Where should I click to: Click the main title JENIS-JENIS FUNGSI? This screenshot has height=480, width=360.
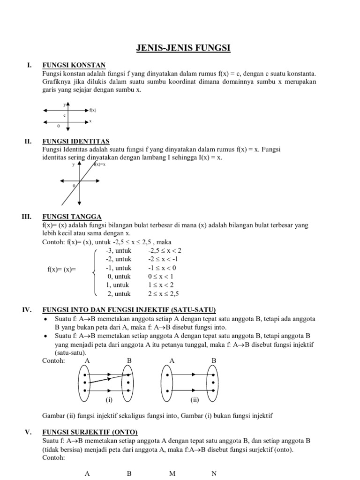pyautogui.click(x=180, y=48)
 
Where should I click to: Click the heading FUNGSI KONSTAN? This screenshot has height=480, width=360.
pyautogui.click(x=74, y=65)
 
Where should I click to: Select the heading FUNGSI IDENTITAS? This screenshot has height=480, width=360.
pyautogui.click(x=75, y=141)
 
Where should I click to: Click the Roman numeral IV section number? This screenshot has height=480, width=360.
pyautogui.click(x=27, y=310)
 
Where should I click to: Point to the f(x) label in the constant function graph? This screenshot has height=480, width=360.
pyautogui.click(x=93, y=110)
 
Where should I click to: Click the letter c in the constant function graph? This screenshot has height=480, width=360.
pyautogui.click(x=64, y=115)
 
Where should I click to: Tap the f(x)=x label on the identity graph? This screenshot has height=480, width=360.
pyautogui.click(x=99, y=165)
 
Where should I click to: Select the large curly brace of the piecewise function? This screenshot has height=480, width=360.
pyautogui.click(x=95, y=272)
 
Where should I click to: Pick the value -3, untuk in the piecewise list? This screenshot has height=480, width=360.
pyautogui.click(x=119, y=251)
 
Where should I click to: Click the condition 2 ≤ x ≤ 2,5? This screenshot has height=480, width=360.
pyautogui.click(x=164, y=294)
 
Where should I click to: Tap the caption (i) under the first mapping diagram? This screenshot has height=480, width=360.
pyautogui.click(x=108, y=400)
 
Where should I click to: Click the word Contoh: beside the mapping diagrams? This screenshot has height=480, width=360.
pyautogui.click(x=53, y=360)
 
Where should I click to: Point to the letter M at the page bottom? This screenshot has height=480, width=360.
pyautogui.click(x=172, y=473)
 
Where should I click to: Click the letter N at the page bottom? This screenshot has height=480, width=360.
pyautogui.click(x=214, y=473)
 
